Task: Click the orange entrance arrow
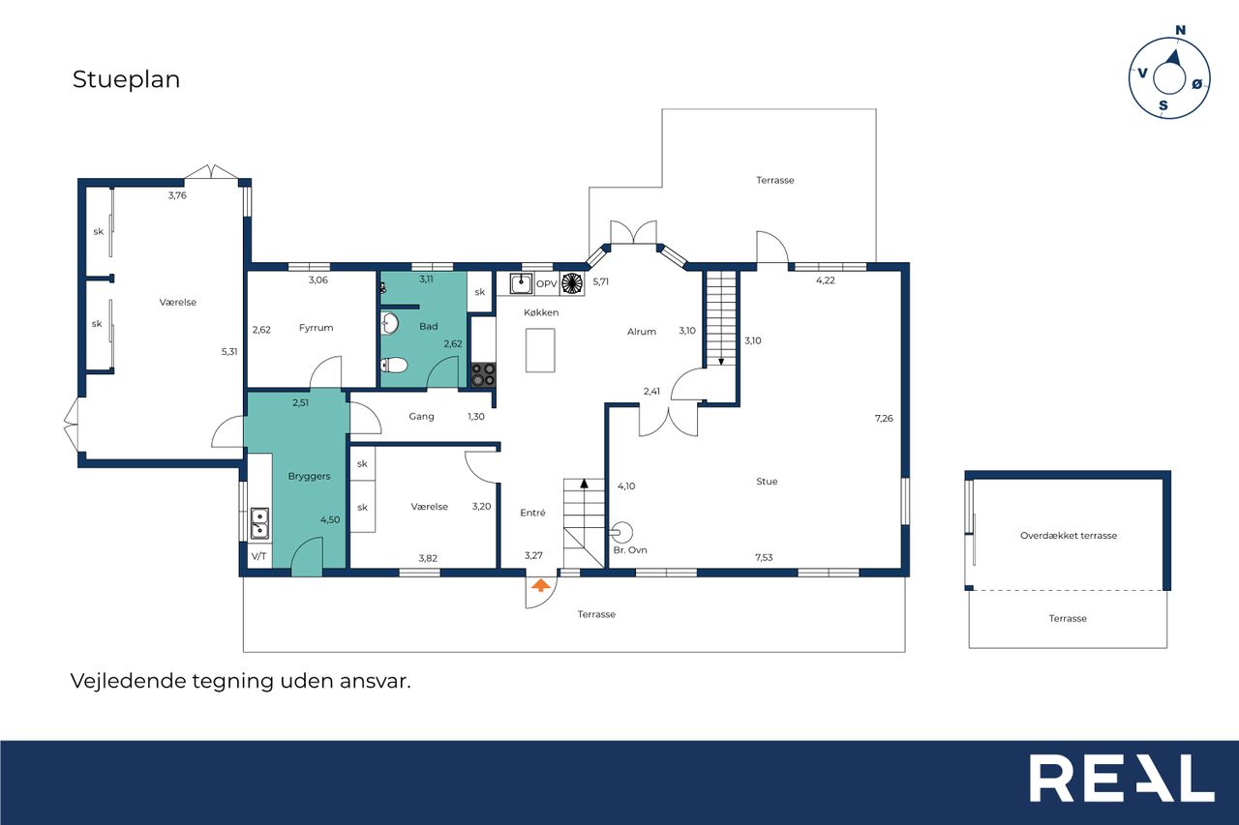point(540,584)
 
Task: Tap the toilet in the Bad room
point(394,366)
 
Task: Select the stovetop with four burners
point(483,374)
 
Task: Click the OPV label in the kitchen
point(547,283)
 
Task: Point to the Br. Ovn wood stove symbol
point(621,533)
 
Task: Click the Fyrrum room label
point(316,328)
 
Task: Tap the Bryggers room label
point(309,476)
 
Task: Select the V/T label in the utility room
point(258,556)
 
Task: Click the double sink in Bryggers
point(260,523)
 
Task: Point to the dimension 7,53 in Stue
point(764,557)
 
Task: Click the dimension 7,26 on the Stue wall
point(884,418)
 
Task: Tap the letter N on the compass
point(1180,30)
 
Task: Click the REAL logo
point(1122,778)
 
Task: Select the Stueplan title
point(126,79)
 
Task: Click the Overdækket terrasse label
point(1069,536)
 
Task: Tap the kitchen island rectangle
point(540,350)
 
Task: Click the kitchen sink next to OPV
point(521,283)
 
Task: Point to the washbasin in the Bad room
point(389,323)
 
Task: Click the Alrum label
point(642,332)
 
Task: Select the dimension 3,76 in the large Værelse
point(177,195)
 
